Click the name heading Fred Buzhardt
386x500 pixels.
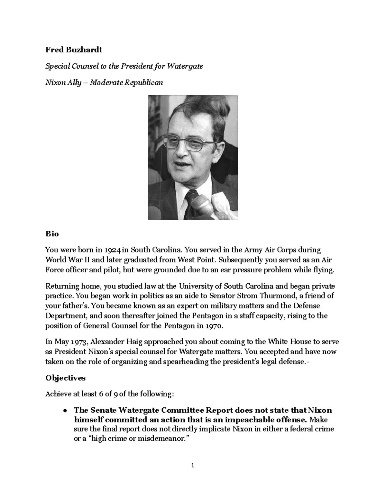(74, 50)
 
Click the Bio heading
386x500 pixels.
(52, 234)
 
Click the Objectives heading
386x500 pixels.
(65, 378)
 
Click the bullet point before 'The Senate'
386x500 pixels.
(65, 411)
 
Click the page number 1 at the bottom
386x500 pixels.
(193, 465)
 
